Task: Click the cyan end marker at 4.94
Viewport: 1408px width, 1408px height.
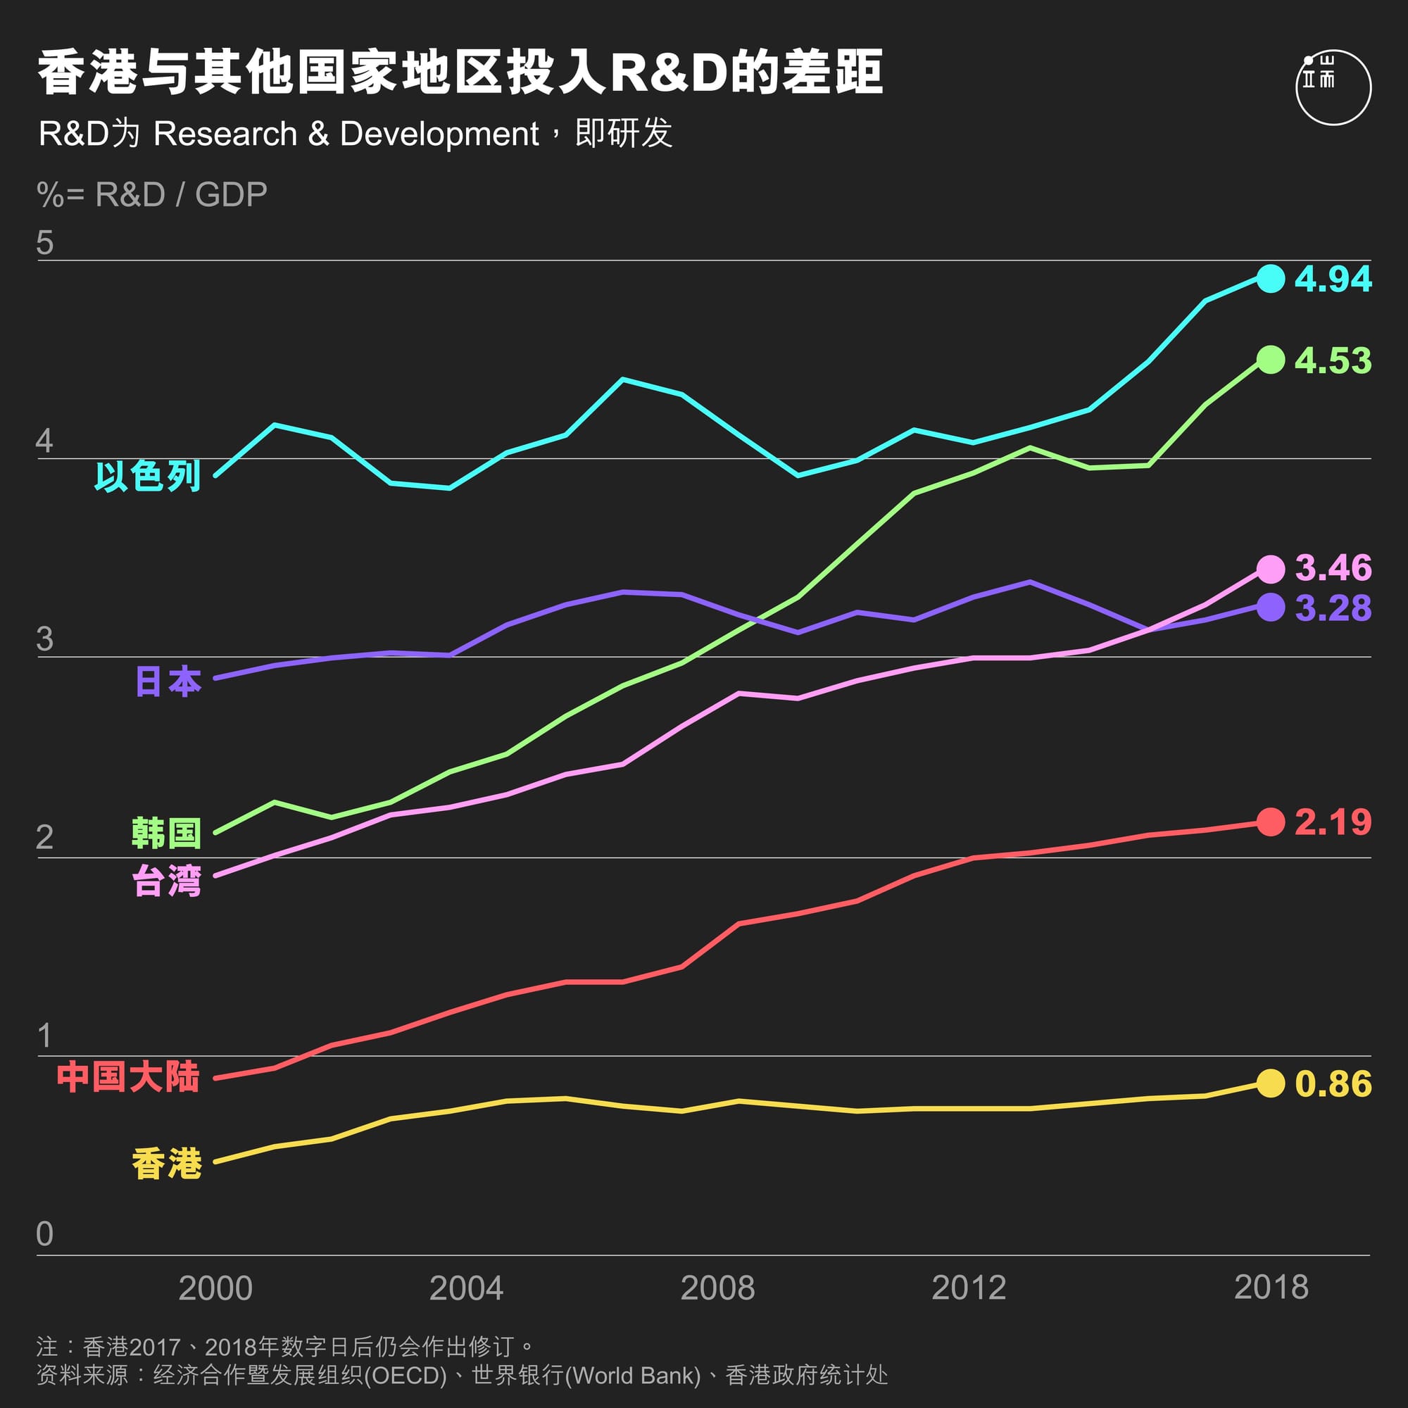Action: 1270,278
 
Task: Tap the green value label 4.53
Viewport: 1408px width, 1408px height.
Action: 1333,360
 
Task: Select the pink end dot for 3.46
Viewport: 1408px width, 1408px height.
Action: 1270,569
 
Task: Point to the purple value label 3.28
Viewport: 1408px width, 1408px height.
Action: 1333,608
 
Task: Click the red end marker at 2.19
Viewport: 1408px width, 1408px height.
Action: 1270,822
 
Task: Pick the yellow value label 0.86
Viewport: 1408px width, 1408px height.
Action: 1333,1083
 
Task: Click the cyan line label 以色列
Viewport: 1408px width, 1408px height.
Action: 147,477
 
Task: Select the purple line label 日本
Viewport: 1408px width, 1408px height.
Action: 168,681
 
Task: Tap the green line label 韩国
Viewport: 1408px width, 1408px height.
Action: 166,833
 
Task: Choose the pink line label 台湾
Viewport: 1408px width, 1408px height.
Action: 167,881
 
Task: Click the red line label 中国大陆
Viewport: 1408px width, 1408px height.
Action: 128,1077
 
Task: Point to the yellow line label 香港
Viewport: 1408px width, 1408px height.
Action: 167,1163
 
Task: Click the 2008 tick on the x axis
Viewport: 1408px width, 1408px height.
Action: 717,1288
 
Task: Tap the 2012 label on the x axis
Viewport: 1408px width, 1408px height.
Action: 969,1288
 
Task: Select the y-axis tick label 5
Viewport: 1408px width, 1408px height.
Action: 44,243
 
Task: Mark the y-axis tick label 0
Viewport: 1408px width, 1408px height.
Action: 44,1234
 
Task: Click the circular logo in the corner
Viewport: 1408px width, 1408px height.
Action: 1333,87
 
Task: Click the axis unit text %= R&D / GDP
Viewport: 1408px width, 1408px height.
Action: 151,194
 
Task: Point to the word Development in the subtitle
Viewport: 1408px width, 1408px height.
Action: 439,134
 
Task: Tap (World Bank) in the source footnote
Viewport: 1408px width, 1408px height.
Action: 633,1375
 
